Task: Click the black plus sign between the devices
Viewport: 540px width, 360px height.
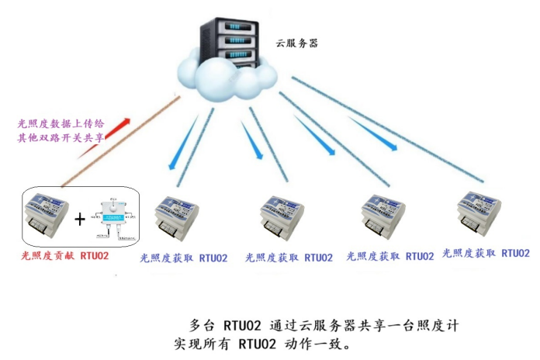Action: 79,219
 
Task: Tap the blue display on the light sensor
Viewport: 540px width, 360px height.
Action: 114,219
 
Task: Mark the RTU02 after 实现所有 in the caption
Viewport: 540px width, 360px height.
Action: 258,341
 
